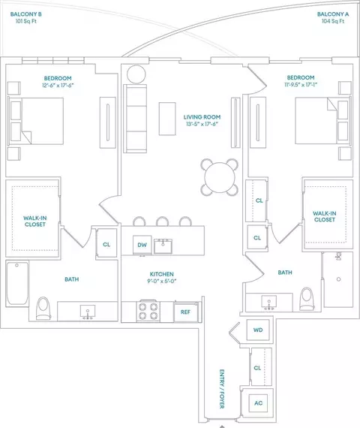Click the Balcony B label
point(26,14)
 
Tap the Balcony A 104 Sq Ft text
point(333,21)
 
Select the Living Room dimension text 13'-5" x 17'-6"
point(202,124)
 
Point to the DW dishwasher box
point(142,245)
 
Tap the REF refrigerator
point(186,312)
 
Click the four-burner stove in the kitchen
point(148,312)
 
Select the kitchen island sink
point(163,246)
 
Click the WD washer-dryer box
point(258,330)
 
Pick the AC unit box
point(258,403)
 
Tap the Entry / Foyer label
point(222,389)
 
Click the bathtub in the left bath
point(17,283)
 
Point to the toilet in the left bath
point(43,308)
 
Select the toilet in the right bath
point(307,299)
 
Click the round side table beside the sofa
point(136,74)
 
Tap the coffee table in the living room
point(167,119)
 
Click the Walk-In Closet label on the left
point(35,221)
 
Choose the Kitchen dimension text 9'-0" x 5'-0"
point(162,281)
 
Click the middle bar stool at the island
point(162,221)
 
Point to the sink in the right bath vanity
point(269,302)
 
